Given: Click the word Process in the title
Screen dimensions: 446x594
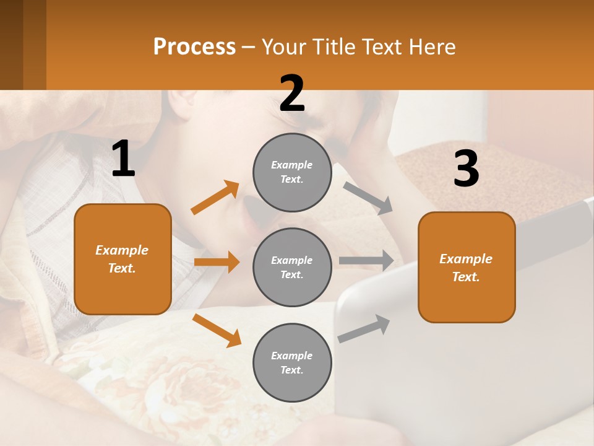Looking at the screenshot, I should (194, 47).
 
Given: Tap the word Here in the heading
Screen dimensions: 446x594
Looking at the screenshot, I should (431, 47).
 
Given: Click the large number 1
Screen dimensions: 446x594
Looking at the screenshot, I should (123, 160).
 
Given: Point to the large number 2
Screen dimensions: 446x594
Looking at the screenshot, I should (292, 94).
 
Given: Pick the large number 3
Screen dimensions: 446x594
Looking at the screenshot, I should (466, 169).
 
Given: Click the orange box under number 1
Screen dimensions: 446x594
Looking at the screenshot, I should (123, 259).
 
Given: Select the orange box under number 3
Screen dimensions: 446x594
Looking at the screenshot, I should (467, 267).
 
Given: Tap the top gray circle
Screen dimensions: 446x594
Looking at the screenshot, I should (292, 172).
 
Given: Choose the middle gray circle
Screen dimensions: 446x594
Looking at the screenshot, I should (292, 267).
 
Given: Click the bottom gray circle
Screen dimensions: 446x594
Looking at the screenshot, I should (292, 362).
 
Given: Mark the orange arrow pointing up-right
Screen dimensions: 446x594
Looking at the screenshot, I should (215, 198).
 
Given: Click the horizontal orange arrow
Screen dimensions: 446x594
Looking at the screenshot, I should (217, 262).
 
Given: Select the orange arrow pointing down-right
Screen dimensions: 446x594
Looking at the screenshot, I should (217, 330).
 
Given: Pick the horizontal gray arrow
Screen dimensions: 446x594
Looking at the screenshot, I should (366, 261).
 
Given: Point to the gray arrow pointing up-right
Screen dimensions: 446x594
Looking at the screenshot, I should (364, 328).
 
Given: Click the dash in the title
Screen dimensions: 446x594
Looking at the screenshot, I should (249, 47).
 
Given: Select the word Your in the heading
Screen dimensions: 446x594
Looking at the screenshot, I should (282, 47).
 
